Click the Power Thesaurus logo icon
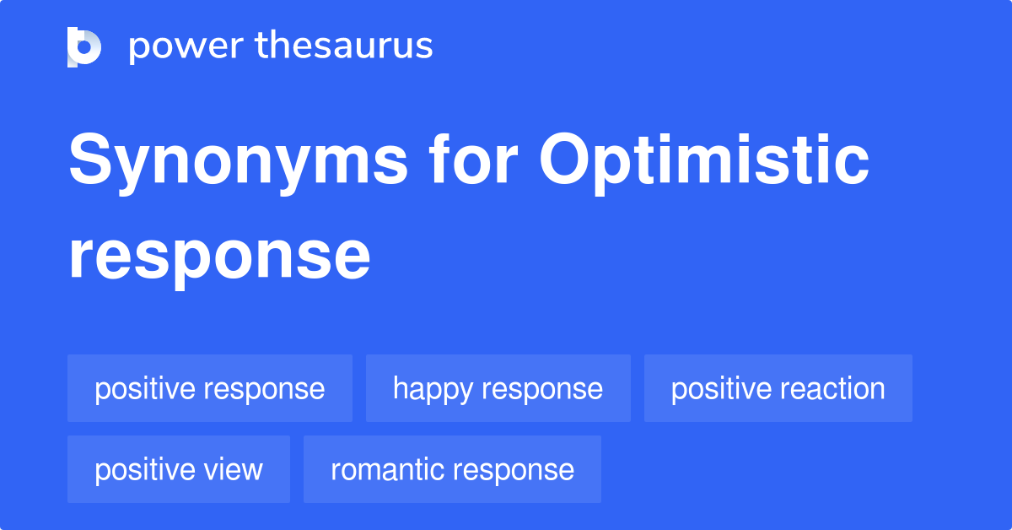[x=84, y=47]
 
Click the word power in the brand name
[x=186, y=46]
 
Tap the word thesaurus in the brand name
[x=344, y=45]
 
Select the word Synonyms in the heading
[x=239, y=164]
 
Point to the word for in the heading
[x=473, y=159]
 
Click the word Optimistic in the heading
[x=704, y=164]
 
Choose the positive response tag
[x=210, y=388]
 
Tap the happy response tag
[x=498, y=388]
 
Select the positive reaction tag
[x=778, y=388]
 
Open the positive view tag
[x=179, y=469]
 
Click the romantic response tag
[x=452, y=469]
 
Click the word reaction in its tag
[x=832, y=388]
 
